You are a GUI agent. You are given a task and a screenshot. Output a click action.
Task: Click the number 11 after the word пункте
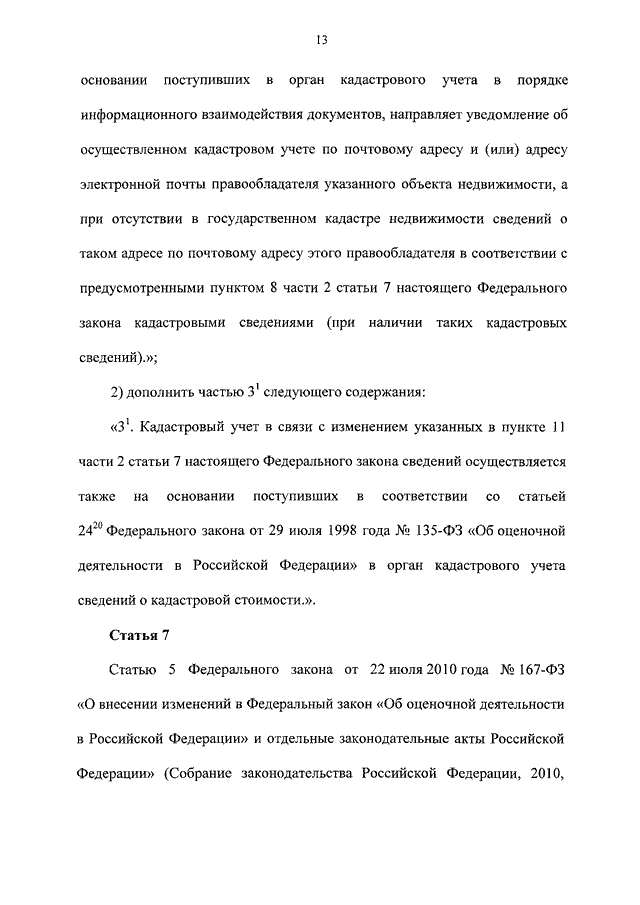(559, 427)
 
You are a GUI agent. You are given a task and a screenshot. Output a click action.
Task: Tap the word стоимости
(265, 598)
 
